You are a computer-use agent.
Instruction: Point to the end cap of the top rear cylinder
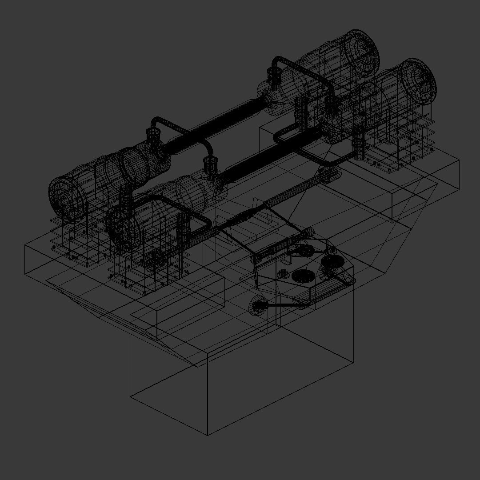point(363,51)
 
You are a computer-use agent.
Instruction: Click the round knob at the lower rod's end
point(257,306)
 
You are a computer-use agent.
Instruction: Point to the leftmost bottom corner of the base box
point(130,396)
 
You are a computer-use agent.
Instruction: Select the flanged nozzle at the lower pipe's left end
point(210,165)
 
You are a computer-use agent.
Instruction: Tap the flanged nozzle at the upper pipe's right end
point(274,78)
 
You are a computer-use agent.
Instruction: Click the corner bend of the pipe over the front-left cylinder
point(205,220)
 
